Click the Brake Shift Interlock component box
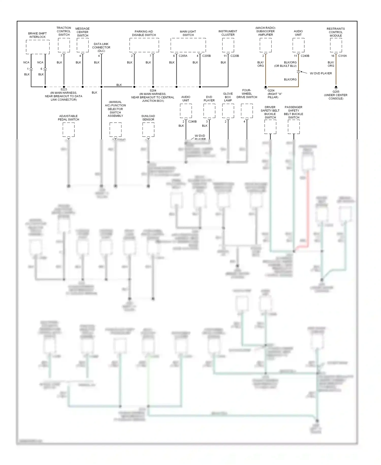[x=38, y=47]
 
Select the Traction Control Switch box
[x=64, y=45]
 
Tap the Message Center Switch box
[x=83, y=45]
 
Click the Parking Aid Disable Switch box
[x=144, y=45]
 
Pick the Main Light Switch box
[x=188, y=45]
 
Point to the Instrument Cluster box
[x=228, y=45]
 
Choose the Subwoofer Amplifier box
[x=265, y=45]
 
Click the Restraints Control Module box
[x=336, y=45]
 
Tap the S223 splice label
[x=64, y=90]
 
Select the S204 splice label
[x=153, y=91]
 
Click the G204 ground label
[x=271, y=91]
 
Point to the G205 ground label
[x=336, y=92]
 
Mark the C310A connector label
[x=342, y=56]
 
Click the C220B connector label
[x=235, y=56]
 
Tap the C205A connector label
[x=183, y=56]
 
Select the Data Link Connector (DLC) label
[x=101, y=47]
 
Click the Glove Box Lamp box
[x=228, y=111]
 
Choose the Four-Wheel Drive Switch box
[x=247, y=111]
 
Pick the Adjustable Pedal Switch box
[x=69, y=129]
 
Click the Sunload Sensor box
[x=148, y=129]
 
